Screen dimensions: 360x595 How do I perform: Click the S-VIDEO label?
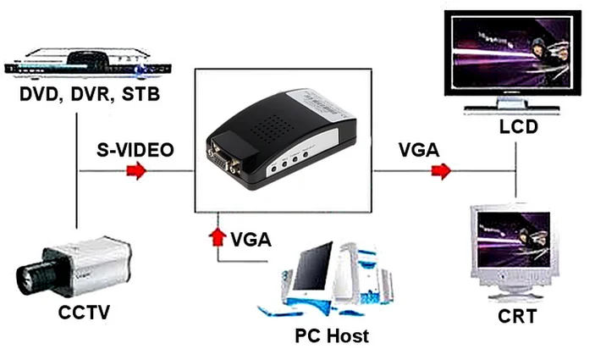coord(135,150)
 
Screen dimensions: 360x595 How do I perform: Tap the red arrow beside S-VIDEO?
coord(135,172)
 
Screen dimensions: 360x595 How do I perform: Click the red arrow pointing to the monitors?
coord(440,172)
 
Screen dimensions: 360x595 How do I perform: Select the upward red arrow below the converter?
coord(218,235)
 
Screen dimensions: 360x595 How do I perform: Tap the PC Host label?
coord(332,335)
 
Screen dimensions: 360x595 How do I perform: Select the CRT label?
coord(515,317)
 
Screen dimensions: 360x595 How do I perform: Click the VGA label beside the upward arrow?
coord(251,238)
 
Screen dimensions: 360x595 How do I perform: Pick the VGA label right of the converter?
coord(419,150)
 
